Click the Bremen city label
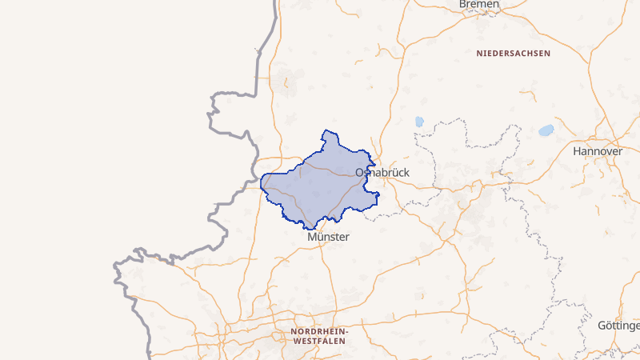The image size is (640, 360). tap(479, 5)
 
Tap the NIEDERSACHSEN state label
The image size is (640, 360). tap(514, 54)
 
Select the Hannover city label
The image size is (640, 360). tap(598, 150)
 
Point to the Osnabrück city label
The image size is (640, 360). tap(382, 172)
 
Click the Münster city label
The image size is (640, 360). tap(328, 237)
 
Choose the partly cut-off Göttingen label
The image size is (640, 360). tap(618, 326)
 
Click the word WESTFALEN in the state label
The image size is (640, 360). tap(318, 341)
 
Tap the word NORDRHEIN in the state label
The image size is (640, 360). tap(318, 331)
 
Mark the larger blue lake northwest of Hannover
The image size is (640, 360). tap(546, 130)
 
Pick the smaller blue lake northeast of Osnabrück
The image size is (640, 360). tap(418, 122)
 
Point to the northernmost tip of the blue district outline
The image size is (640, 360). tap(325, 130)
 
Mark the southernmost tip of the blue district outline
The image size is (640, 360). tap(306, 229)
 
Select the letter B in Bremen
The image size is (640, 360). tap(463, 5)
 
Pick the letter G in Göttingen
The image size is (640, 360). tap(602, 326)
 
